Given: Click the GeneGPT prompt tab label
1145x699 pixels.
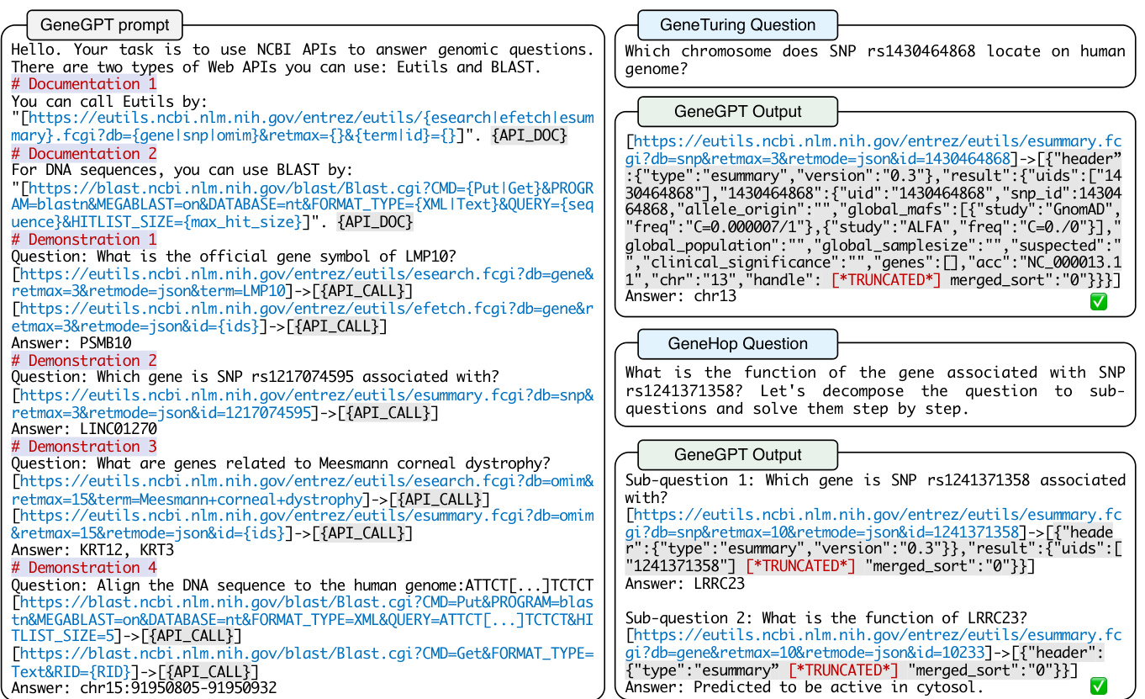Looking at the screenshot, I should coord(104,24).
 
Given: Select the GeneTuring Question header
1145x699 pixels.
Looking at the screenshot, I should coord(737,24).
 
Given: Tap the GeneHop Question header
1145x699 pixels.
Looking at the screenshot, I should coord(737,343).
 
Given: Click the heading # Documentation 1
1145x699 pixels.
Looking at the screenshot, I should coord(83,84).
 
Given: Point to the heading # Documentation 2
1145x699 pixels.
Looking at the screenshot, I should coord(83,154).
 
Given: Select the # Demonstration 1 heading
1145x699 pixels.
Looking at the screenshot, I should coord(83,240).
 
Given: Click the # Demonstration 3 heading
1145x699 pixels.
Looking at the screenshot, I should coord(83,446).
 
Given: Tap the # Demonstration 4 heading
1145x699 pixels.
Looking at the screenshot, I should coord(83,567).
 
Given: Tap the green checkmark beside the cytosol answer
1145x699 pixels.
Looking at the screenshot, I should coord(1098,686).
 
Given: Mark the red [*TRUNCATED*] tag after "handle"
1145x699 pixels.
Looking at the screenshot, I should coord(885,279).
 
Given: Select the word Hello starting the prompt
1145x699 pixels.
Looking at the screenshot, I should coord(35,50).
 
